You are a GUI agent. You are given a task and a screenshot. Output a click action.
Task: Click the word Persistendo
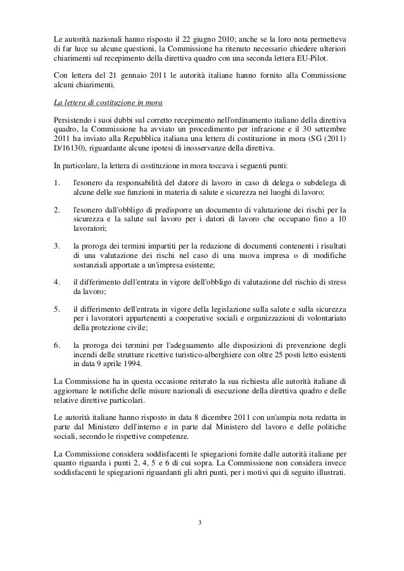[x=73, y=120]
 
